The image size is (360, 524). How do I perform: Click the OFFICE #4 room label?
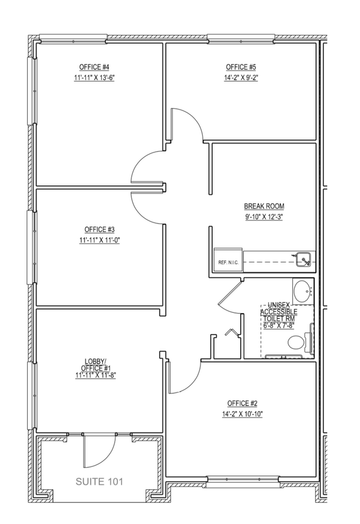94,67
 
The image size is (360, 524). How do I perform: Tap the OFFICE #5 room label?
241,67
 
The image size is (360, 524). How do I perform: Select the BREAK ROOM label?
264,206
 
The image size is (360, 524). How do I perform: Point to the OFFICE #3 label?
99,229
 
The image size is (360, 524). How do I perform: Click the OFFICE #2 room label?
243,403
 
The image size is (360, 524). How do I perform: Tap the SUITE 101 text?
99,481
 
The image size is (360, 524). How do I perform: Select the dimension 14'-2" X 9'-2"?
241,78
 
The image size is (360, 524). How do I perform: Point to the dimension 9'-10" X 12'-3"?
264,217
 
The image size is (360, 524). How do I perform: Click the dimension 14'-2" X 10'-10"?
243,414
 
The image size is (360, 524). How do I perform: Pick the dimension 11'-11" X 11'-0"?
99,240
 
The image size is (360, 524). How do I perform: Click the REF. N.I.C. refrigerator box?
228,260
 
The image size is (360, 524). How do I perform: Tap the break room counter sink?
304,259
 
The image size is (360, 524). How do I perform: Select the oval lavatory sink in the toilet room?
303,291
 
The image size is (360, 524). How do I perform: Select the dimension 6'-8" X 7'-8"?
279,325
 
